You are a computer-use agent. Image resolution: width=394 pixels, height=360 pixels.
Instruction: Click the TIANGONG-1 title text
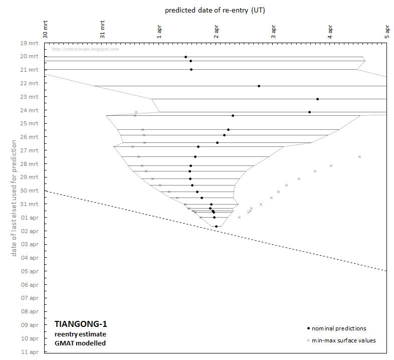tap(81, 324)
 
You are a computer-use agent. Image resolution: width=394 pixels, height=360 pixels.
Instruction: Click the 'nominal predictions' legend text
tap(339, 329)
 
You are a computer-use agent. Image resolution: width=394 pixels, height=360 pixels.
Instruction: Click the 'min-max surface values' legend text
tap(343, 341)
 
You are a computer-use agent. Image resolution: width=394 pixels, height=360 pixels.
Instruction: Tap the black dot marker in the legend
tap(308, 328)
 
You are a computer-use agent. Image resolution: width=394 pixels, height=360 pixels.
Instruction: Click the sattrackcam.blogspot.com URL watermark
tap(85, 49)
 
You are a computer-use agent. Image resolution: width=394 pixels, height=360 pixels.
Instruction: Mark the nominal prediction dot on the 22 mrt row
tap(259, 86)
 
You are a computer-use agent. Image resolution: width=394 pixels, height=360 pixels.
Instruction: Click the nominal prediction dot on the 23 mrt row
tap(318, 99)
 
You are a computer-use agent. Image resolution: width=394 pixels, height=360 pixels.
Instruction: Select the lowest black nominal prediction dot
tap(217, 226)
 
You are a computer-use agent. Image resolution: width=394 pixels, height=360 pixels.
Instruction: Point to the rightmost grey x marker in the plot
tap(359, 157)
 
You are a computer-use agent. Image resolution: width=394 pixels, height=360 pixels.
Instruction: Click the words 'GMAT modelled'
tap(80, 343)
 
